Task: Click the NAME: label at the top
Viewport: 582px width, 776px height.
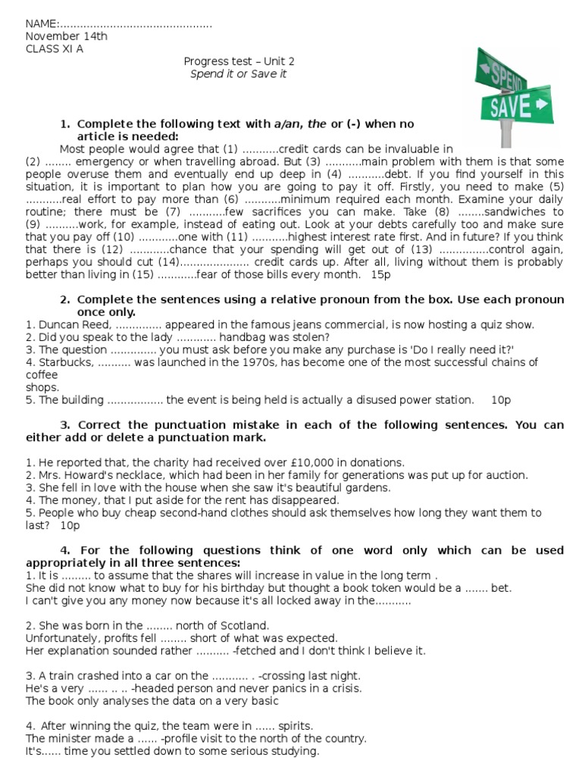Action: click(x=42, y=24)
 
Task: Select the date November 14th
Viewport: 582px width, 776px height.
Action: click(x=67, y=36)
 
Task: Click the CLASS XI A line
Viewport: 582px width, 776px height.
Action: click(x=55, y=49)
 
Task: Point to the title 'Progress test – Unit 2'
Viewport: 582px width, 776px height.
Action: click(x=239, y=61)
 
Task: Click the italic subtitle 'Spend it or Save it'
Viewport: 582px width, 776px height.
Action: click(x=239, y=74)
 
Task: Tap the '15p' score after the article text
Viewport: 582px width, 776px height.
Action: click(x=381, y=274)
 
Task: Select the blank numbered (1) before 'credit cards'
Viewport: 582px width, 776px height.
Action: click(x=261, y=149)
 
